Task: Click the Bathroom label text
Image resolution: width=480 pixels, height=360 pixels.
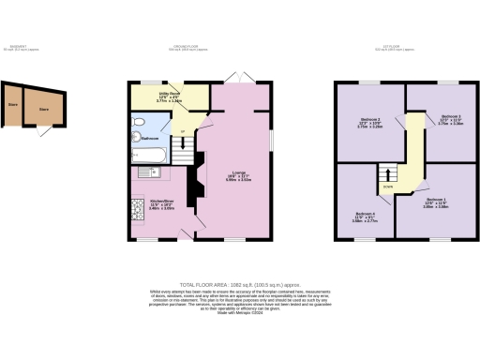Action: (x=151, y=139)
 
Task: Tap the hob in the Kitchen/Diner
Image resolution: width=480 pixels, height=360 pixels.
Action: (x=136, y=208)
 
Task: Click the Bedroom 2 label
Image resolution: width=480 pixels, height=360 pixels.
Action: (x=371, y=120)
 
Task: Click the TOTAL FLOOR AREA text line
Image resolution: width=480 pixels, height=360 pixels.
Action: (x=240, y=283)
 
